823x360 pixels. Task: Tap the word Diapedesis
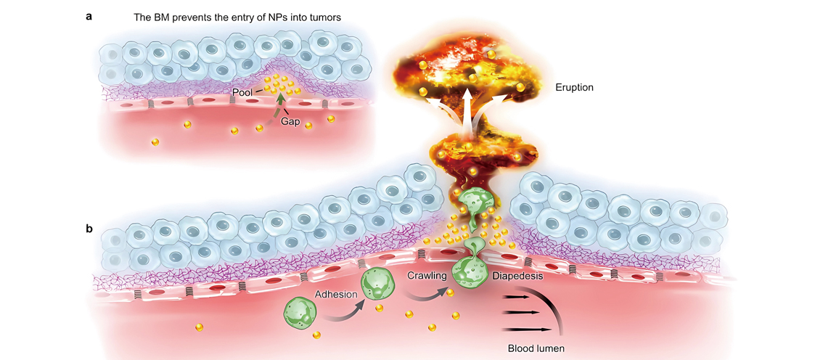(517, 277)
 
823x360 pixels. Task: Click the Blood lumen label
(536, 348)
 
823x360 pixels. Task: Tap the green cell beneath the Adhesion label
(377, 284)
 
